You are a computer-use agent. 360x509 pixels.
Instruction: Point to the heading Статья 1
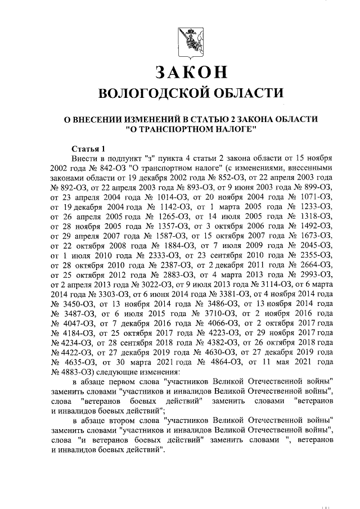click(89, 148)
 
